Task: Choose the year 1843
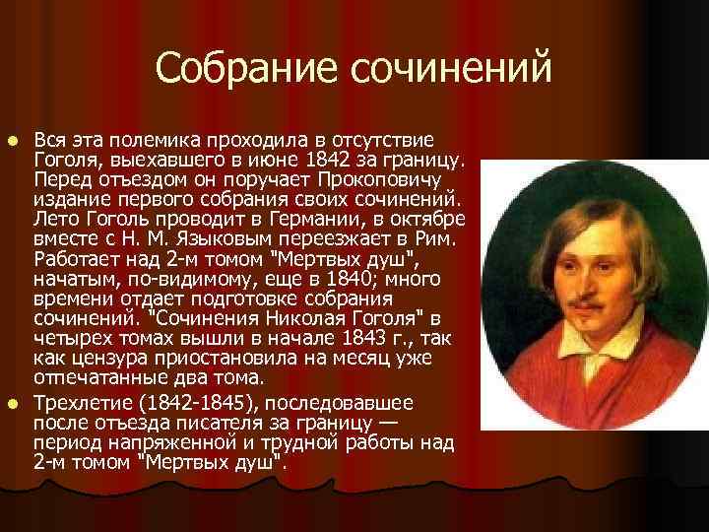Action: tap(367, 338)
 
